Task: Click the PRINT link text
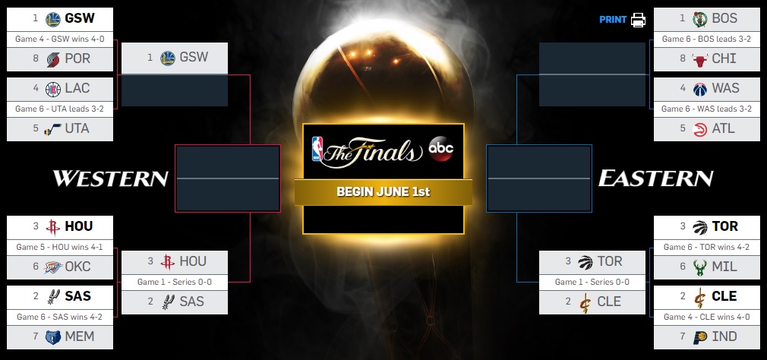612,20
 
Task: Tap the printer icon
638,20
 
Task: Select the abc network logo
440,149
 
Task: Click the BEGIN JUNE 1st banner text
383,191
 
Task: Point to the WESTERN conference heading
111,178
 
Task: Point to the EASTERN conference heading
655,178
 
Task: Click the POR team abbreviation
77,58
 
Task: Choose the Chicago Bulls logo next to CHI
700,59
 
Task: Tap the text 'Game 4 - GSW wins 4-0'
60,39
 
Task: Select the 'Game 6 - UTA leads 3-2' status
60,109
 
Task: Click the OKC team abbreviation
77,267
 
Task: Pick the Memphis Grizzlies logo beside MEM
53,337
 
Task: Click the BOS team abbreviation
724,18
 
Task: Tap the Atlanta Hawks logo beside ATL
700,129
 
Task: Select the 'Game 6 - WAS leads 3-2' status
706,109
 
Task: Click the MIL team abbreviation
724,267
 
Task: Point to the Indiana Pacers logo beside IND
700,337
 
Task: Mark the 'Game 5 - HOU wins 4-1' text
60,247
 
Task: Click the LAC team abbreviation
77,88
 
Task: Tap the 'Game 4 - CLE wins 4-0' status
706,317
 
